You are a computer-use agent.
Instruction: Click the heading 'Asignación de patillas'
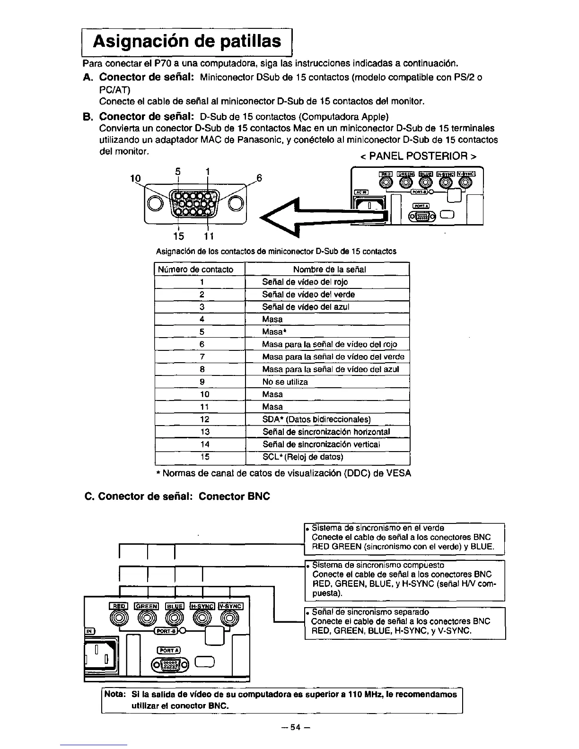[x=186, y=41]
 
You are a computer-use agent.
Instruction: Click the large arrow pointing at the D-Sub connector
[x=322, y=216]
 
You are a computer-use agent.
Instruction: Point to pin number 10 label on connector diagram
[x=135, y=178]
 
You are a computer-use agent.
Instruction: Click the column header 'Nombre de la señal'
[x=329, y=270]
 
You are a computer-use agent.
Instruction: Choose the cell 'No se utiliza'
[x=285, y=382]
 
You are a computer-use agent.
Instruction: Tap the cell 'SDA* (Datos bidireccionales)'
[x=316, y=419]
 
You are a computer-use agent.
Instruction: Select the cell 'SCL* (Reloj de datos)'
[x=303, y=457]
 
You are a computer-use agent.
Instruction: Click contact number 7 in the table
[x=202, y=357]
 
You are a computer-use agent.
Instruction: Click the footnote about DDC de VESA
[x=283, y=473]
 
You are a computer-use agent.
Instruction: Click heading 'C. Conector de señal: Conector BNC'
[x=177, y=496]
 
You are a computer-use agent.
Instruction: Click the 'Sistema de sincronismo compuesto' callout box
[x=404, y=579]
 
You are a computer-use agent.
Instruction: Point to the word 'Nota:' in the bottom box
[x=114, y=695]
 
